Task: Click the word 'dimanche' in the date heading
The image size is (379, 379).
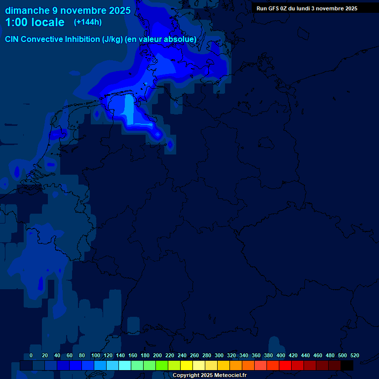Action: coord(27,10)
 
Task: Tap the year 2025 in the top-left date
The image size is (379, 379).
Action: coord(119,10)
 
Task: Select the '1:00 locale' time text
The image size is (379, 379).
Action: coord(35,22)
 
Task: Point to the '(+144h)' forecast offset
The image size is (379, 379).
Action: coord(87,22)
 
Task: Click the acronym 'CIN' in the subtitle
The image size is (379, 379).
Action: coord(12,39)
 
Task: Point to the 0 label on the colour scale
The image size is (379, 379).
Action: coord(31,355)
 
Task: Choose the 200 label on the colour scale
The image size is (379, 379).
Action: coord(157,355)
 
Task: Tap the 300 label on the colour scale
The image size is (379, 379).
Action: coord(219,355)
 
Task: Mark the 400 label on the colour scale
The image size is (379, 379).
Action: coord(281,355)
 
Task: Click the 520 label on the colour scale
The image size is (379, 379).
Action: coord(354,355)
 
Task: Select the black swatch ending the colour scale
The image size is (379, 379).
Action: coord(347,366)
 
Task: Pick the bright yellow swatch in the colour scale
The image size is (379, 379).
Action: coord(187,366)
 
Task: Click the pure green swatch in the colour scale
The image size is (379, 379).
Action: coord(162,366)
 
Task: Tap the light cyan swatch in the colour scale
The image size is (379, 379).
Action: coord(125,366)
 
